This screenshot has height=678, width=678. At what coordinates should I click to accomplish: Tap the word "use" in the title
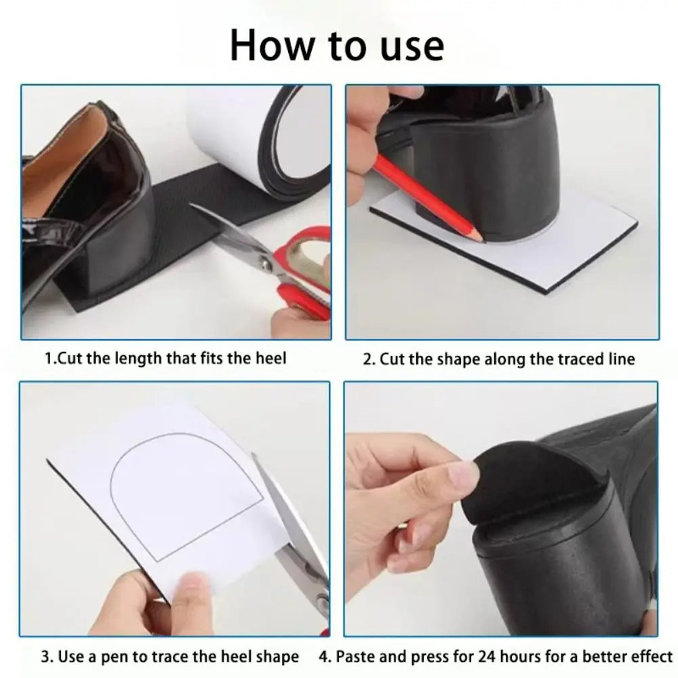(410, 45)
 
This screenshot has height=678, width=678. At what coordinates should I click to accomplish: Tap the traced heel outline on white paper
(186, 495)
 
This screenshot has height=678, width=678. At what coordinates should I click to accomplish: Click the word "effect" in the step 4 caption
(650, 657)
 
